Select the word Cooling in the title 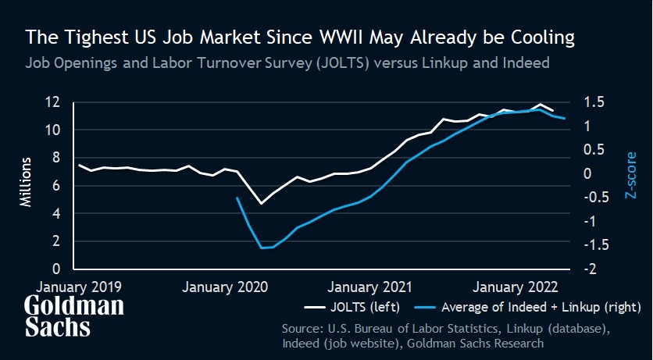pos(530,37)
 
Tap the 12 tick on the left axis pos(52,102)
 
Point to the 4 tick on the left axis pos(56,213)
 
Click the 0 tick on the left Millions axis pos(56,269)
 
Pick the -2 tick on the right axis pos(593,269)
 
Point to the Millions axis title pos(25,181)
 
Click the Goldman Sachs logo pos(73,316)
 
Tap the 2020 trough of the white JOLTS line pos(262,204)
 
